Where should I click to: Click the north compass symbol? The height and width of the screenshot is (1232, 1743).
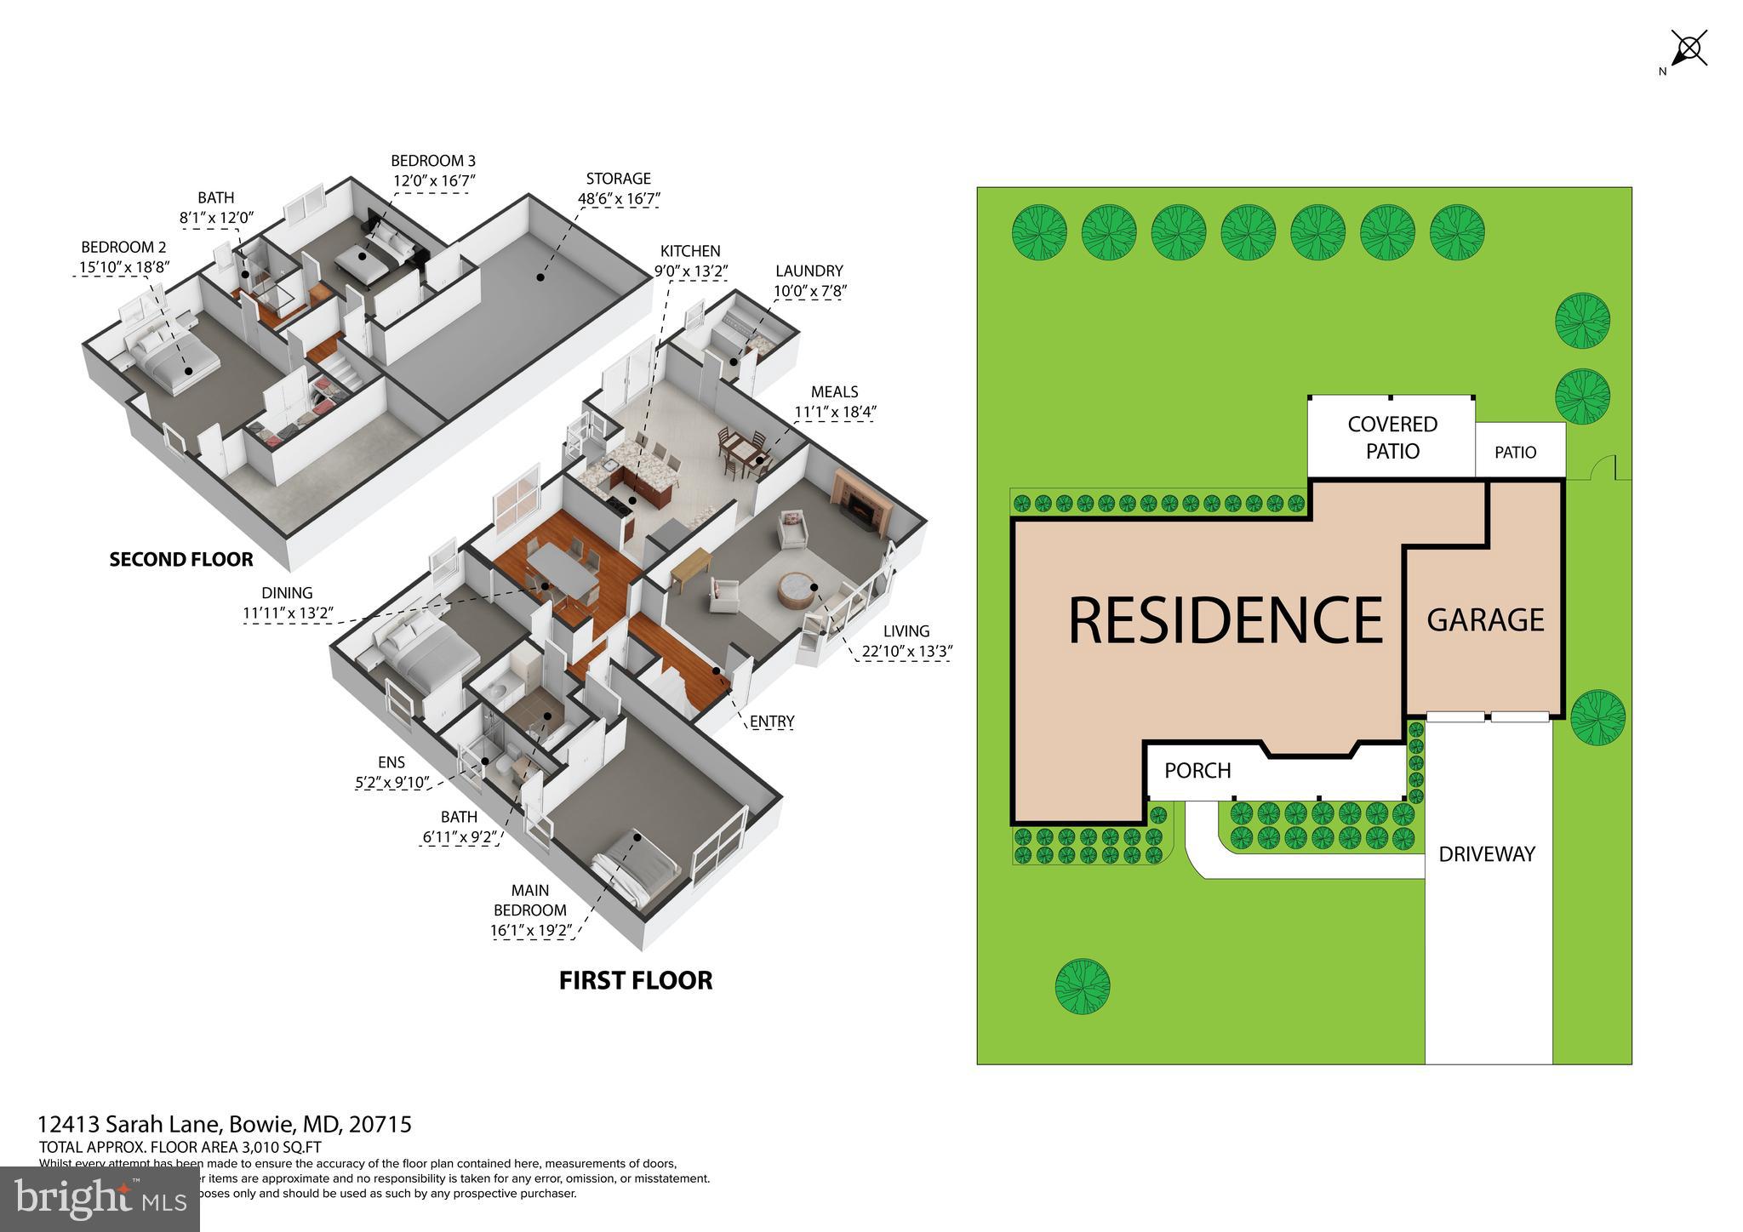(1689, 48)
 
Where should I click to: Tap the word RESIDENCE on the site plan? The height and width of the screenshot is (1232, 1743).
(1225, 620)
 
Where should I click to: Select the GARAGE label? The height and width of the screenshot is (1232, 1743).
(1485, 620)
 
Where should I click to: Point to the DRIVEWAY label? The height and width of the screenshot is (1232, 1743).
(1487, 854)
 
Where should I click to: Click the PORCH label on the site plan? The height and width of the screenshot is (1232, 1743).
(1197, 771)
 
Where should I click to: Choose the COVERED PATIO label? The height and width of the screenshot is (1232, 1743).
(1392, 437)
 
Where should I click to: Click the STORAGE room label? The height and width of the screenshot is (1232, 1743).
(618, 179)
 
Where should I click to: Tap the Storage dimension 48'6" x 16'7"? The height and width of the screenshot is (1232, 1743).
(618, 199)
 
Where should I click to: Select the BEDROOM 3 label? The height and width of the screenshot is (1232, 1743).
(433, 161)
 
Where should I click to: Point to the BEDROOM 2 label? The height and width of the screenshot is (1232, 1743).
(123, 248)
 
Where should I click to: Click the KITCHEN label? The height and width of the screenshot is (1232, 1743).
(690, 251)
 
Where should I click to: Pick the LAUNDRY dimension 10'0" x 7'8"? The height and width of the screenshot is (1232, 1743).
(809, 291)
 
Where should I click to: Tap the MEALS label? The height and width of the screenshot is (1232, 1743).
(834, 392)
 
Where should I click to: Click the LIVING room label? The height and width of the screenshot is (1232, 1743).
(906, 631)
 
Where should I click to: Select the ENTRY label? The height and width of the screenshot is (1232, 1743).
(771, 722)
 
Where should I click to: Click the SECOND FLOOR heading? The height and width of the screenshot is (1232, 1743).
(181, 560)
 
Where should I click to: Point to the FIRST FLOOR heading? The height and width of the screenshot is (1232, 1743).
(636, 980)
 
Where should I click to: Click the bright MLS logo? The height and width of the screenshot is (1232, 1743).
(100, 1199)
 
